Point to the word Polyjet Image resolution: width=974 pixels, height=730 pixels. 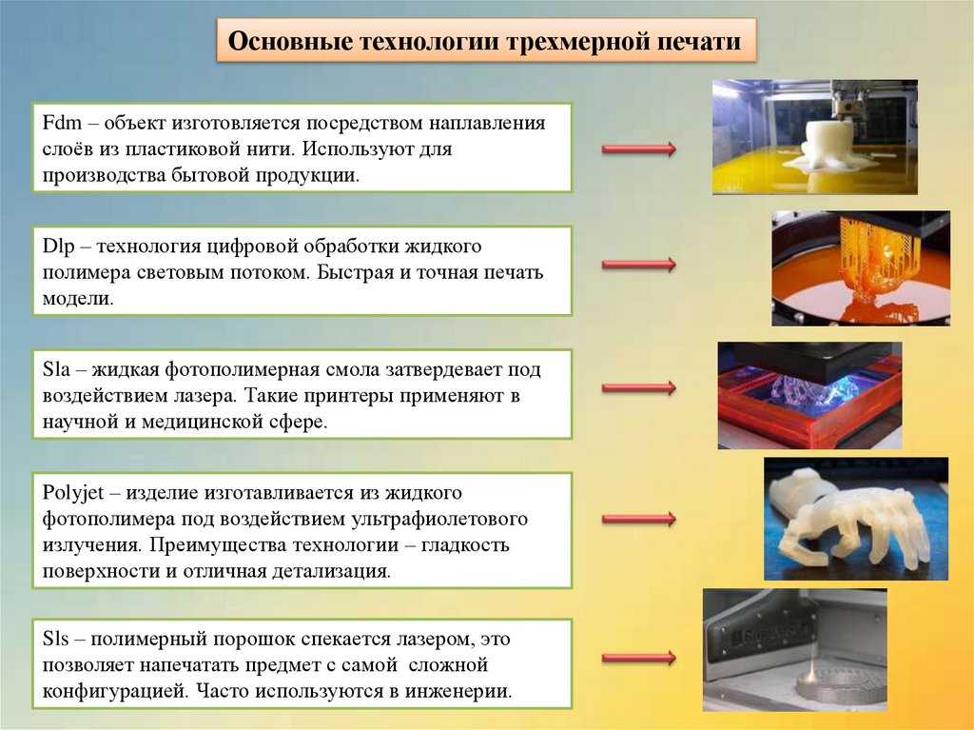tap(73, 493)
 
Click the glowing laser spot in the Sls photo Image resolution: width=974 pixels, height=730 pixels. tap(811, 674)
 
